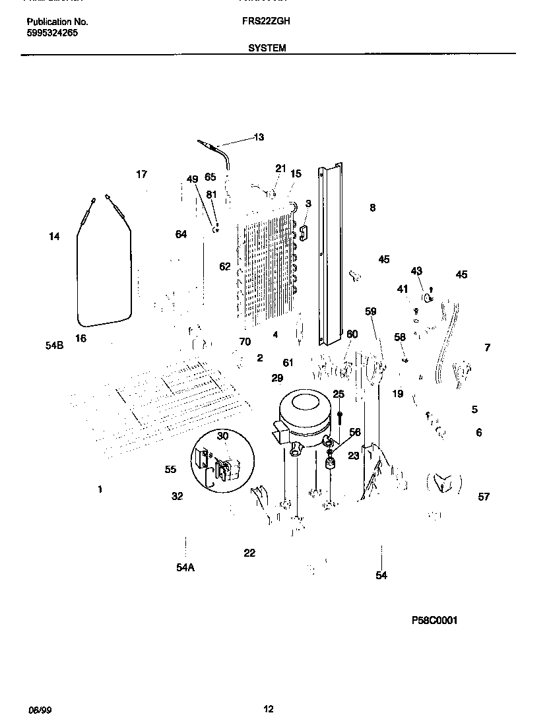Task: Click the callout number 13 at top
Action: click(x=259, y=137)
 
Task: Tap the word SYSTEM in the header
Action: click(x=267, y=48)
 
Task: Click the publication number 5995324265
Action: click(x=52, y=32)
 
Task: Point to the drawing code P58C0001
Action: click(x=434, y=621)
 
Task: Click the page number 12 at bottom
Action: click(x=268, y=710)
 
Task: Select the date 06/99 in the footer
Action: click(x=40, y=710)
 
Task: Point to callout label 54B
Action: click(x=54, y=345)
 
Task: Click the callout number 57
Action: click(x=484, y=497)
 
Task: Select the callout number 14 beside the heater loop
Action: click(x=54, y=236)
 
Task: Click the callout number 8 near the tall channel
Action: click(x=373, y=208)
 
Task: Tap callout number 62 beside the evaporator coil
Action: click(x=225, y=266)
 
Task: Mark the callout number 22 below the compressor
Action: click(x=249, y=553)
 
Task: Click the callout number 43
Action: click(x=416, y=271)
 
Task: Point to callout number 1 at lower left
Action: click(x=100, y=489)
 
